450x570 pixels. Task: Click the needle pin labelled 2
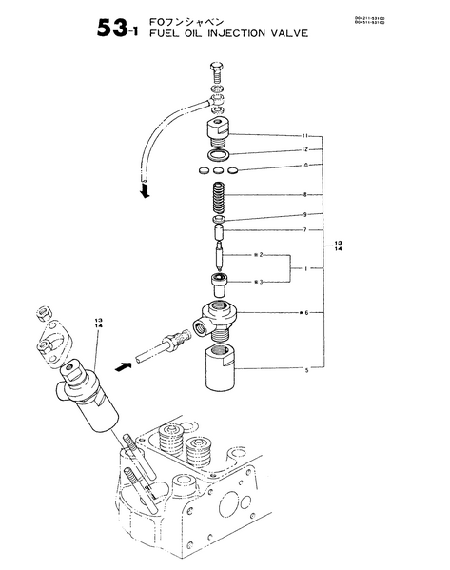coord(221,255)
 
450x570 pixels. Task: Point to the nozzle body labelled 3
coord(221,281)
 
